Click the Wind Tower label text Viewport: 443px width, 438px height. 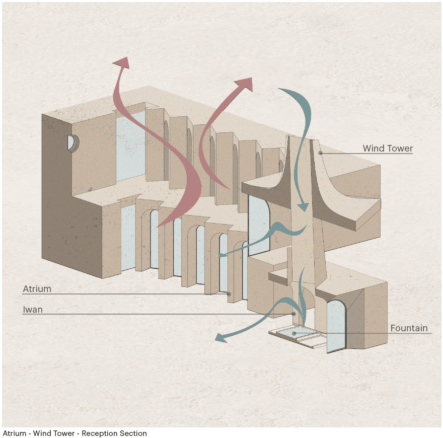(x=388, y=149)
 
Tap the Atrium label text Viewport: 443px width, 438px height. (x=37, y=289)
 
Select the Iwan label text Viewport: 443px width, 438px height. (x=33, y=310)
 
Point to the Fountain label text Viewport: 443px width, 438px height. (x=409, y=328)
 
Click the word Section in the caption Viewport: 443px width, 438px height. (x=133, y=433)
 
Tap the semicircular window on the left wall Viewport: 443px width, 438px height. (x=71, y=142)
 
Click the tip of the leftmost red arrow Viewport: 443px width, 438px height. (x=122, y=61)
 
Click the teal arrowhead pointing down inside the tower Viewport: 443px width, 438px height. (x=303, y=206)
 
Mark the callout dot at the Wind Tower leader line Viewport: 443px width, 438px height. (x=320, y=153)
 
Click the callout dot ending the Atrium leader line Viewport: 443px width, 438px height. (x=229, y=294)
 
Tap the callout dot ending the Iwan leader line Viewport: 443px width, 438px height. (x=294, y=314)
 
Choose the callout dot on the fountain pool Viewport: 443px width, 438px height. (x=294, y=333)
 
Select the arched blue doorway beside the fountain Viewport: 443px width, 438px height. (x=336, y=325)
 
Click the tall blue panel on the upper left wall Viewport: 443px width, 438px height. (x=131, y=146)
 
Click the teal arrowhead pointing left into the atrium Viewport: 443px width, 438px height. (x=223, y=256)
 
